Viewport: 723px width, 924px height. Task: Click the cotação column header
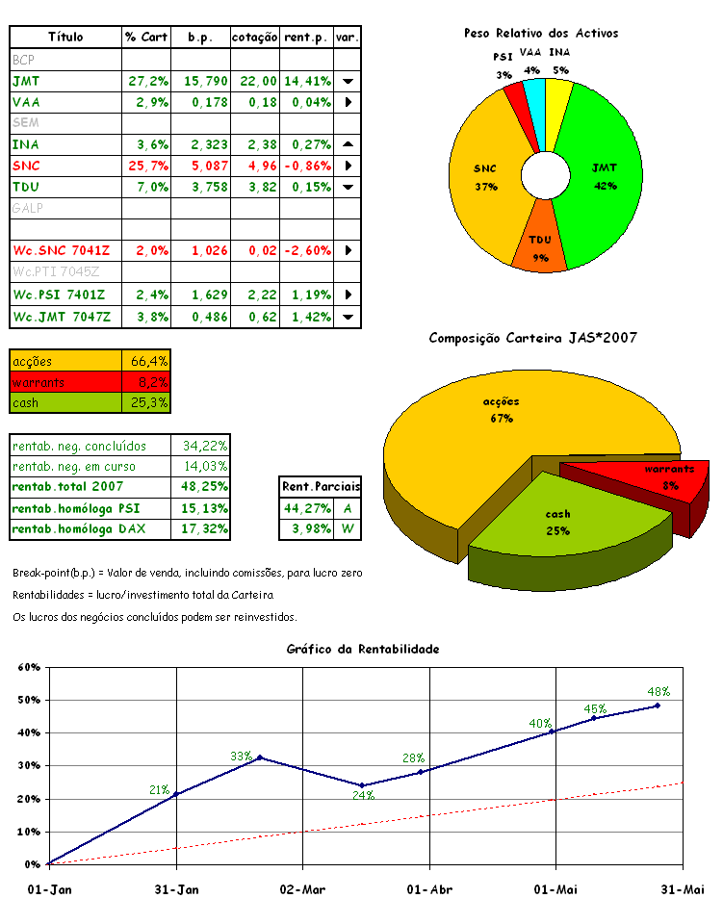tap(255, 37)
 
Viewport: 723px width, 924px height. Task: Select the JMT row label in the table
tap(27, 81)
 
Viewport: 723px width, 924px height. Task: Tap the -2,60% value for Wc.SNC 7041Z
tap(307, 250)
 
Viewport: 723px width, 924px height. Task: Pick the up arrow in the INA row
tap(348, 143)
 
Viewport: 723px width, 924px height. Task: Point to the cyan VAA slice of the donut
tap(533, 96)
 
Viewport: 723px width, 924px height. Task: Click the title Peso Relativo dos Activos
tap(541, 33)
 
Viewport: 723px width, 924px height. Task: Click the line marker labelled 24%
tap(361, 785)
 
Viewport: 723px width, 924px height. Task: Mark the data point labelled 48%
tap(658, 706)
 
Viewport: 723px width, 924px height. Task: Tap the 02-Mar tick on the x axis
tap(303, 889)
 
